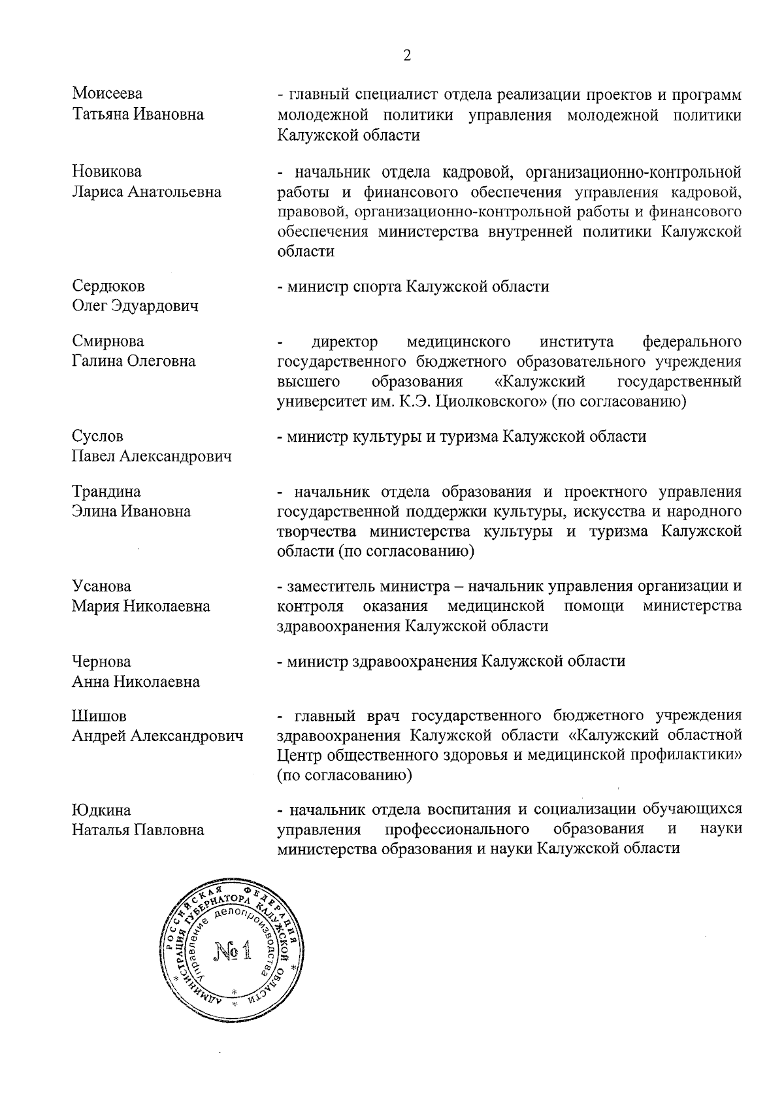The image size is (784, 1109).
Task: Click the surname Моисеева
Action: pos(107,94)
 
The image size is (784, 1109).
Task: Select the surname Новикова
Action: pos(106,172)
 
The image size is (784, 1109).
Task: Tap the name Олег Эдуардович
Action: pos(135,306)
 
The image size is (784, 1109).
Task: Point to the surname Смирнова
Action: pos(108,341)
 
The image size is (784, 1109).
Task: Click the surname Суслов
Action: pos(97,436)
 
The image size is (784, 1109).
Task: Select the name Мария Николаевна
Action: pos(141,606)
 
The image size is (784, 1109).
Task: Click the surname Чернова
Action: pos(101,661)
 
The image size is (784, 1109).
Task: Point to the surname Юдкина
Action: pos(101,810)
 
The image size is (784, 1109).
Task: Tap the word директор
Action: pos(345,342)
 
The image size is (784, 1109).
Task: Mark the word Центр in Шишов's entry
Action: pos(299,756)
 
